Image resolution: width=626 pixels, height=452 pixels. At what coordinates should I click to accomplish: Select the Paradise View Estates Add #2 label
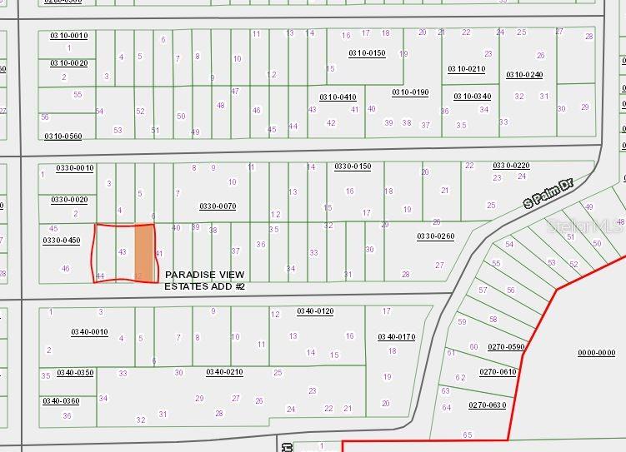click(x=204, y=280)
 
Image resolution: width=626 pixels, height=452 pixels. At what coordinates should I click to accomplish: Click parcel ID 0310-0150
click(x=367, y=53)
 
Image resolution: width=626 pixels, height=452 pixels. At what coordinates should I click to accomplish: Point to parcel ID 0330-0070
click(x=218, y=206)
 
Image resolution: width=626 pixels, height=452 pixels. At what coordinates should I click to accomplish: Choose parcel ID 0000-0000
click(x=596, y=353)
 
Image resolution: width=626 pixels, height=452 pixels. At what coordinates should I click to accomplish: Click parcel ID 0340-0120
click(x=315, y=311)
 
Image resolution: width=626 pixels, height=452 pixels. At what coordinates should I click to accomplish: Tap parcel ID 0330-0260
click(x=435, y=236)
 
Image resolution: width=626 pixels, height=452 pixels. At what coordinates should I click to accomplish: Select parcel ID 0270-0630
click(x=487, y=405)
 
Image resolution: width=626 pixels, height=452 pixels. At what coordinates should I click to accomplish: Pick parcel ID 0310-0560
click(x=63, y=137)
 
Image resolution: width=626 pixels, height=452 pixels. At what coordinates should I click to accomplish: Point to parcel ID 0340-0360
click(x=61, y=401)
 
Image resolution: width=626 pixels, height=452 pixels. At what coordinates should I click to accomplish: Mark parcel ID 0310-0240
click(x=524, y=75)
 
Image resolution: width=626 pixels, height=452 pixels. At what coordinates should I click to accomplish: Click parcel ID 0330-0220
click(x=511, y=166)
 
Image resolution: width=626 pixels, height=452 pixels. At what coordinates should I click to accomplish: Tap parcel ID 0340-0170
click(x=396, y=337)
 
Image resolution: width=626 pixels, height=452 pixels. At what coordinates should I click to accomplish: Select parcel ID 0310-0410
click(x=338, y=97)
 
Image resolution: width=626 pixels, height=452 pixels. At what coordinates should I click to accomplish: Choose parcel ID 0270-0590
click(x=507, y=347)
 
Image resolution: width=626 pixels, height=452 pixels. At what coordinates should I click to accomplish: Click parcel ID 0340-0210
click(x=224, y=372)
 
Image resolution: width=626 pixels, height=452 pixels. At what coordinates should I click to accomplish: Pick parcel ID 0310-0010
click(x=68, y=36)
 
